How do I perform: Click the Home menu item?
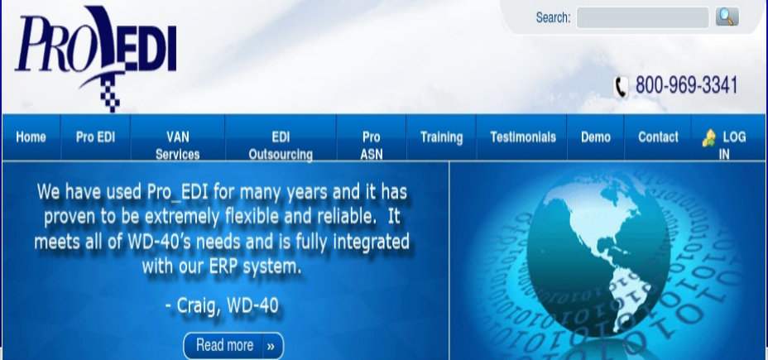pos(31,137)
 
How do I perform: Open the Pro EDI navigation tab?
pos(95,137)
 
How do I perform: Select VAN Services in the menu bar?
pos(177,146)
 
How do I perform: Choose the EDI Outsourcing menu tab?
pos(281,146)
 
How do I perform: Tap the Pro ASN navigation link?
pos(372,146)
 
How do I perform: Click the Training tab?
pos(441,137)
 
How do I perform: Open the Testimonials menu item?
pos(523,137)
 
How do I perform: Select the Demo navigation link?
pos(596,137)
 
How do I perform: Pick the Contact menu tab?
pos(658,137)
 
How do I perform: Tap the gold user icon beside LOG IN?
pos(708,138)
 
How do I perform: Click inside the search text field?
pos(642,17)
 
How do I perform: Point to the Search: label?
pos(553,17)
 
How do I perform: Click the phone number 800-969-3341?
pos(686,85)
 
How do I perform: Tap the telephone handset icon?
pos(621,87)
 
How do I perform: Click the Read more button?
pos(233,346)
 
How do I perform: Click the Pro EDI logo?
pos(96,58)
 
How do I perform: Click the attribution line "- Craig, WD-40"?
pos(222,305)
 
